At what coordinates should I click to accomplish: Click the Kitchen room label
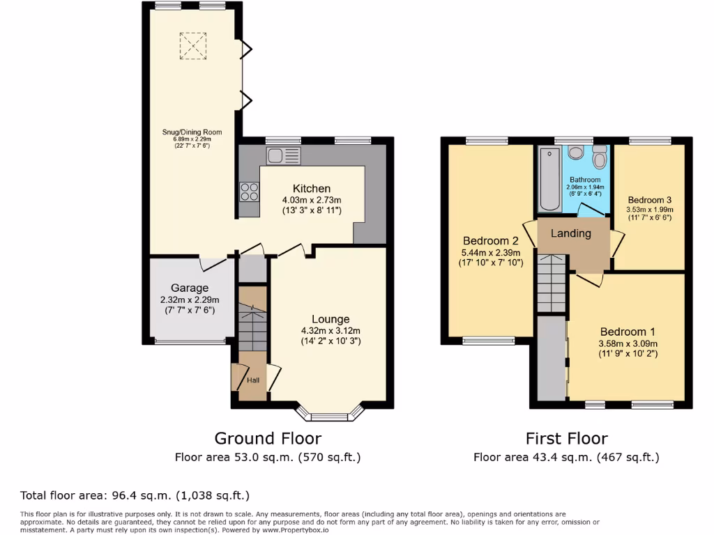[x=312, y=189]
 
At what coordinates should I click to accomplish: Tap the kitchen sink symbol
[x=282, y=155]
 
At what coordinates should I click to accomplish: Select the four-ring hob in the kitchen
[x=249, y=189]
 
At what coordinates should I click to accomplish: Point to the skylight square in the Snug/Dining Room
[x=193, y=45]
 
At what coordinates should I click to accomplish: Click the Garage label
[x=190, y=288]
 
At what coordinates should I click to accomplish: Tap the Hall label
[x=252, y=380]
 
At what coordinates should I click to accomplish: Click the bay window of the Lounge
[x=330, y=415]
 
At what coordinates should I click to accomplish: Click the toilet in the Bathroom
[x=599, y=157]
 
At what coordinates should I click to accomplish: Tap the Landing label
[x=570, y=233]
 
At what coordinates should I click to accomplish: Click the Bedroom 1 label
[x=628, y=332]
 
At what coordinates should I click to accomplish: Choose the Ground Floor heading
[x=268, y=438]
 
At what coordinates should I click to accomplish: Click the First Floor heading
[x=566, y=438]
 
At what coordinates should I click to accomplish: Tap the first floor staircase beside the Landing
[x=552, y=282]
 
